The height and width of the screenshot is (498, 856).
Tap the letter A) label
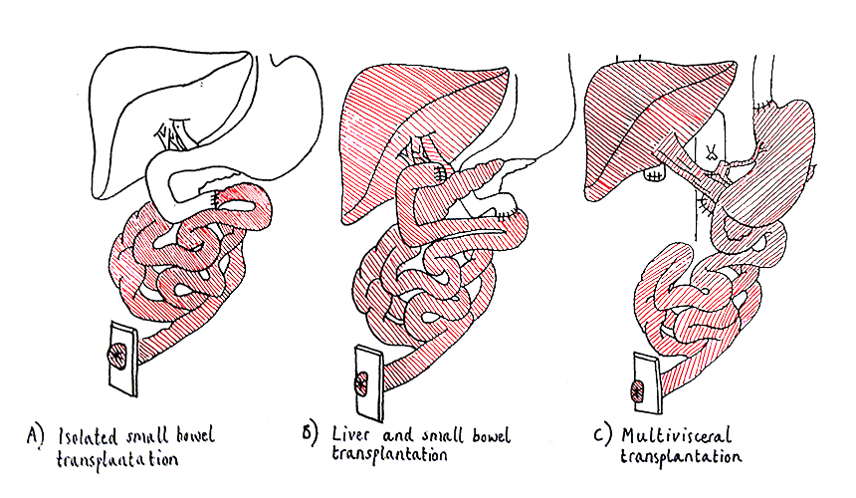coord(36,434)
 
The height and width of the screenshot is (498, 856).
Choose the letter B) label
coord(309,434)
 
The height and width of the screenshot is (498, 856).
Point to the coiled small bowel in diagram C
coord(697,299)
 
